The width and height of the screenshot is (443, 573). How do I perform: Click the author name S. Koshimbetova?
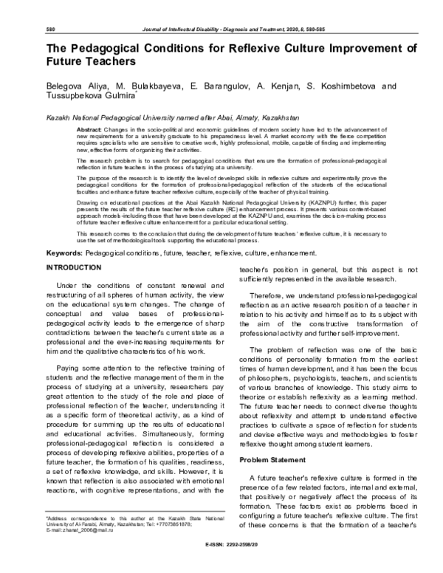pos(332,87)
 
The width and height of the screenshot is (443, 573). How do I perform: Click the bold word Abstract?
pos(89,130)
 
